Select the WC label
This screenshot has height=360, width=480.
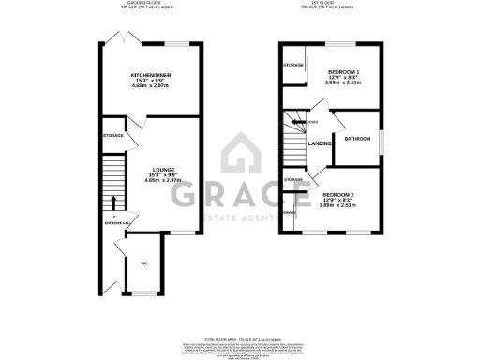click(144, 263)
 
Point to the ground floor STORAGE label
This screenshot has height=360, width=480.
click(112, 136)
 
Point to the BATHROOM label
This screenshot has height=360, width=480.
click(358, 139)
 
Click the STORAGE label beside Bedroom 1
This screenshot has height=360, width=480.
click(292, 65)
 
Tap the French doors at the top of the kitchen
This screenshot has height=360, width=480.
click(116, 38)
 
